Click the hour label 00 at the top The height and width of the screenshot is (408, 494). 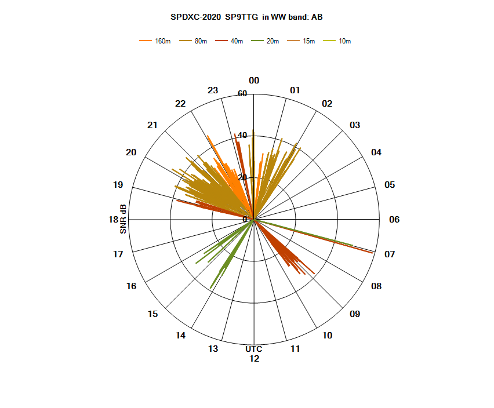[x=254, y=81]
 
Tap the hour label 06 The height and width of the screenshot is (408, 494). [x=394, y=220]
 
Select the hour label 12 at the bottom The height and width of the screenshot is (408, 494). [x=254, y=359]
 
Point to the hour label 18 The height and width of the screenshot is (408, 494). [x=114, y=220]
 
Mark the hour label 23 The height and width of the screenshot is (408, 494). [x=213, y=90]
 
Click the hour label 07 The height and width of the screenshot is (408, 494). [x=389, y=254]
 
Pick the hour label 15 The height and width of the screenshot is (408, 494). [x=153, y=314]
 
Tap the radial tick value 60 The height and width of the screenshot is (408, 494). [x=242, y=94]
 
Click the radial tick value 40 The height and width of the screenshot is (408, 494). [x=242, y=136]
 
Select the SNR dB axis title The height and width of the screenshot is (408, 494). [x=123, y=219]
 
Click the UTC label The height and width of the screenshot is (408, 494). [x=253, y=349]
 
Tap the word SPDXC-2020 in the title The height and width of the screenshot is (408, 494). [x=195, y=17]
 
